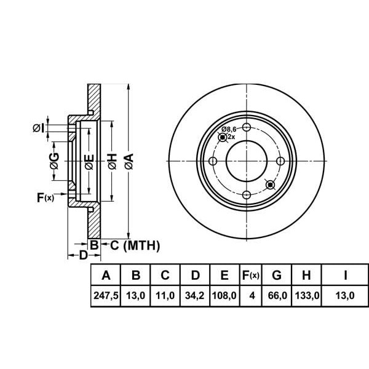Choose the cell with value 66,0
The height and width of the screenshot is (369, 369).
click(x=277, y=296)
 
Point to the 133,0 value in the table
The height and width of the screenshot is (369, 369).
click(x=307, y=296)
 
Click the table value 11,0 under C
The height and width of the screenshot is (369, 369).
click(x=165, y=296)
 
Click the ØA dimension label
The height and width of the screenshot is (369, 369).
click(x=128, y=162)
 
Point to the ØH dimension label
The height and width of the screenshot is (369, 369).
click(x=111, y=162)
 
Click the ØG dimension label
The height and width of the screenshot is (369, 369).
click(x=54, y=162)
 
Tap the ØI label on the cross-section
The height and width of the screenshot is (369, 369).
click(x=38, y=128)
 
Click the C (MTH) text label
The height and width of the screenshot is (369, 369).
click(x=135, y=246)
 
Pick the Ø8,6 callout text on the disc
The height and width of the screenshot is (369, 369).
click(x=229, y=129)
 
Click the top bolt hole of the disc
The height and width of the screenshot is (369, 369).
click(x=247, y=128)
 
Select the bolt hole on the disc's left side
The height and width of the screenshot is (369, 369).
click(x=213, y=161)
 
